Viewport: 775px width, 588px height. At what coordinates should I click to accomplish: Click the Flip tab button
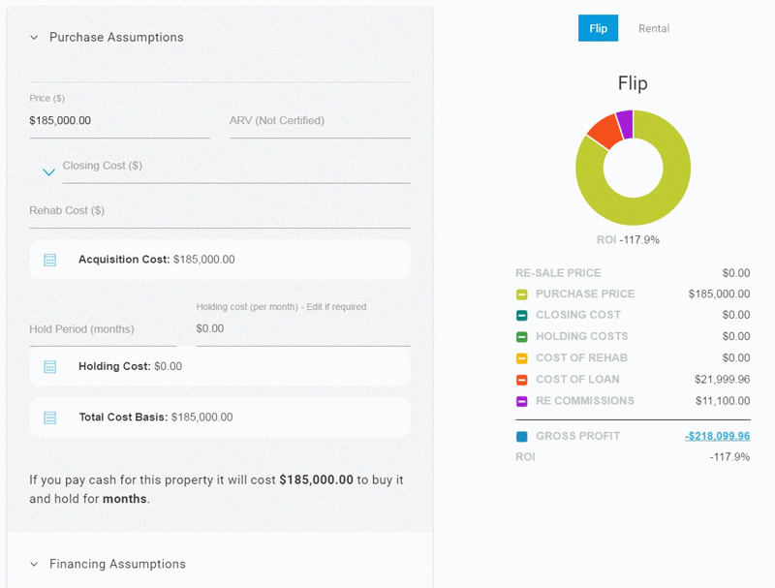(598, 28)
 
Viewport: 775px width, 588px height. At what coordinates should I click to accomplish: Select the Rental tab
(654, 28)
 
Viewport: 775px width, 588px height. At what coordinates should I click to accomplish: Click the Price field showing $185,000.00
(119, 121)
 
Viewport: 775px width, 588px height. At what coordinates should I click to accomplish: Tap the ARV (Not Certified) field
(319, 121)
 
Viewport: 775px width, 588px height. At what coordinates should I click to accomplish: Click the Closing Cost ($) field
(235, 166)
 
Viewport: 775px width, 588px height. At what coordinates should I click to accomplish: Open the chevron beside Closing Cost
(48, 172)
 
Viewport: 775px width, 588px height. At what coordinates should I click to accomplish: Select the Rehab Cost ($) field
(219, 210)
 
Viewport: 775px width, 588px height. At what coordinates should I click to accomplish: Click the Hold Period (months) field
(103, 329)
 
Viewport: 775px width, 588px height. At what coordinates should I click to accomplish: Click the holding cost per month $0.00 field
(302, 329)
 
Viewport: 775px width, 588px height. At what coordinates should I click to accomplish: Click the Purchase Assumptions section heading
(116, 38)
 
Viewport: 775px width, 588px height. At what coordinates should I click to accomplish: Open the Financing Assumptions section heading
(117, 564)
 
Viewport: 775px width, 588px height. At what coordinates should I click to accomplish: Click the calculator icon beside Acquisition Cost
(50, 260)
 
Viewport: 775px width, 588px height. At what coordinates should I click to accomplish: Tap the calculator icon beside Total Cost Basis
(50, 418)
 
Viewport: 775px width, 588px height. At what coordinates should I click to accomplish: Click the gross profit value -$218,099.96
(717, 436)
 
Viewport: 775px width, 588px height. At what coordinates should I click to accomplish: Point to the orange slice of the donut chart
(604, 129)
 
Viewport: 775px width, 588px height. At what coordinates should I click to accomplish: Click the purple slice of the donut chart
(625, 122)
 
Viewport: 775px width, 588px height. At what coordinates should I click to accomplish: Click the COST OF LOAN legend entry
(577, 379)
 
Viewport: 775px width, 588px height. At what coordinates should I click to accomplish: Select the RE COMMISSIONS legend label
(584, 400)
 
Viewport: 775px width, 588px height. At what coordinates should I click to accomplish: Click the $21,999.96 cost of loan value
(722, 379)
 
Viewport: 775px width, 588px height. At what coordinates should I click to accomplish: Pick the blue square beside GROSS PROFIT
(521, 437)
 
